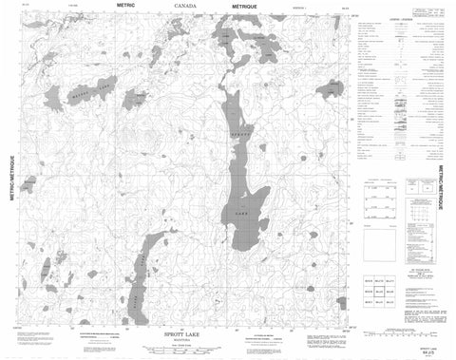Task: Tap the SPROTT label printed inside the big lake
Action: click(236, 141)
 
